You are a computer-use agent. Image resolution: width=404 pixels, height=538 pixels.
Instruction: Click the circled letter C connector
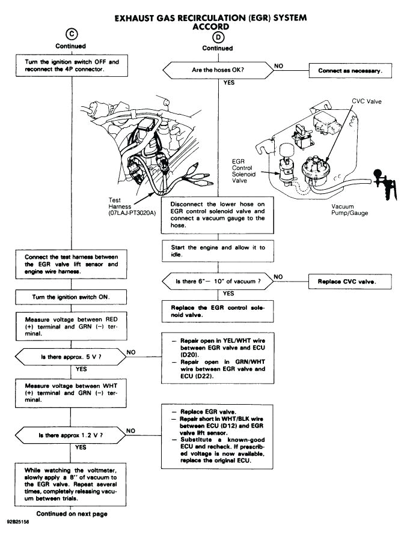coord(70,34)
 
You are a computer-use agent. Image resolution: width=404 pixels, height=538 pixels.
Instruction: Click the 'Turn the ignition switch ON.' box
coord(71,297)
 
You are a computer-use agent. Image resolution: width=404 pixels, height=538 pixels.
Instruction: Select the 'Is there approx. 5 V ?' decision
coord(71,357)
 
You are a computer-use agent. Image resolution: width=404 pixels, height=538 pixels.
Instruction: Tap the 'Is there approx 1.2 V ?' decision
coord(71,434)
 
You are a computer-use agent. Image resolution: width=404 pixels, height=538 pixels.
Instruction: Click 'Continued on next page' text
coord(71,514)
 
